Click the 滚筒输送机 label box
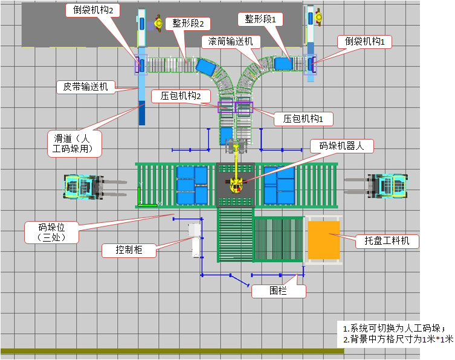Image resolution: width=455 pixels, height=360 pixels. coord(231,41)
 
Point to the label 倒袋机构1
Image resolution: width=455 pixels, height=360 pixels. coord(369,41)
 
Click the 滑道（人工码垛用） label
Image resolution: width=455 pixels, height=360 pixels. coord(74,144)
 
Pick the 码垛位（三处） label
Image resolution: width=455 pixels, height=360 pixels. coord(51,232)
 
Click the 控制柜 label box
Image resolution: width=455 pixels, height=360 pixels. coord(130,249)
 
